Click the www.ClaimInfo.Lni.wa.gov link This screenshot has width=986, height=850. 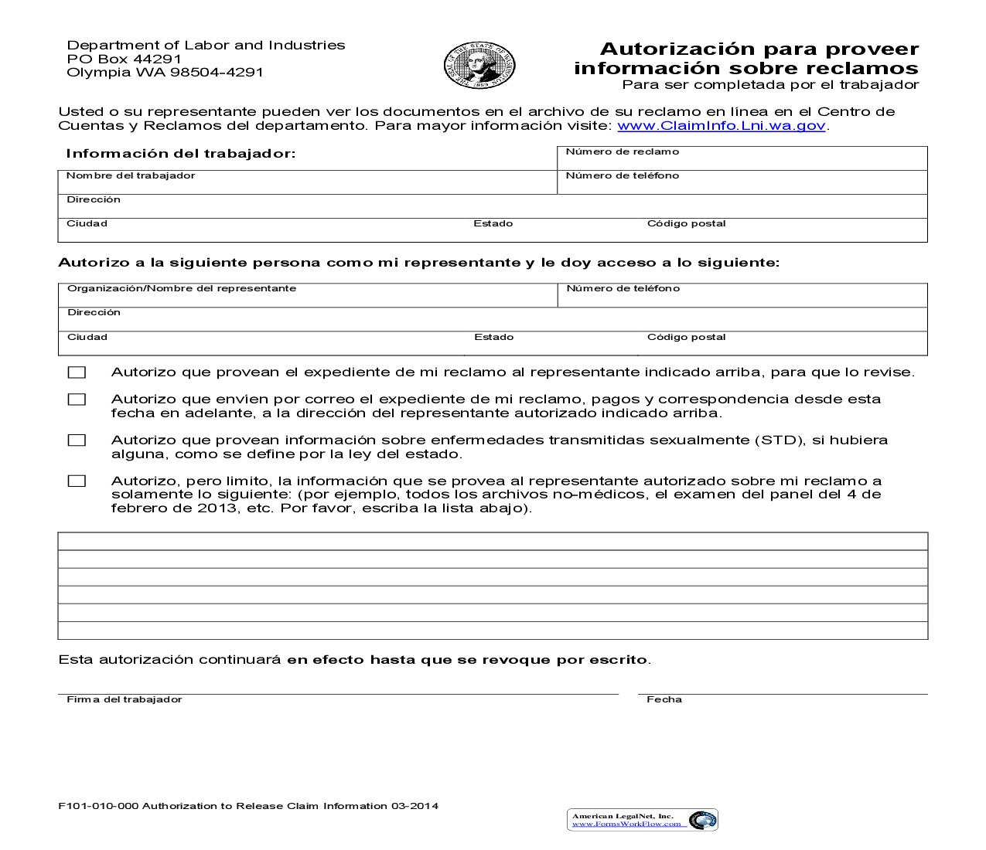coord(722,125)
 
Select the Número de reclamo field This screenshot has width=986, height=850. coord(742,159)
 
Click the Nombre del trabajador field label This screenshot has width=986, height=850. coord(131,175)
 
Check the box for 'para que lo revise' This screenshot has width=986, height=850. coord(77,372)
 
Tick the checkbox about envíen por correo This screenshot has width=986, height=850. coord(77,399)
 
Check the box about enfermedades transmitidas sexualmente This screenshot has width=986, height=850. coord(77,440)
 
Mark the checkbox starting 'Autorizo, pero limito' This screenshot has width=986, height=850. coord(77,481)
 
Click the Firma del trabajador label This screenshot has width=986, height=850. coord(124,699)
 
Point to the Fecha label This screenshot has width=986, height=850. coord(664,699)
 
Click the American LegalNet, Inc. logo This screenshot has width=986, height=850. coord(643,820)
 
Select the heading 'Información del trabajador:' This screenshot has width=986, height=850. coord(181,154)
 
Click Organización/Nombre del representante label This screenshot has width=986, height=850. coord(182,288)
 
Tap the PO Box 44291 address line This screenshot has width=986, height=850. coord(124,59)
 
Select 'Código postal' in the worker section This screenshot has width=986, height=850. coord(686,223)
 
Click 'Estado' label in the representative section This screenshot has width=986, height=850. coord(493,337)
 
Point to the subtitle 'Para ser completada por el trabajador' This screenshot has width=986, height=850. coord(770,85)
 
